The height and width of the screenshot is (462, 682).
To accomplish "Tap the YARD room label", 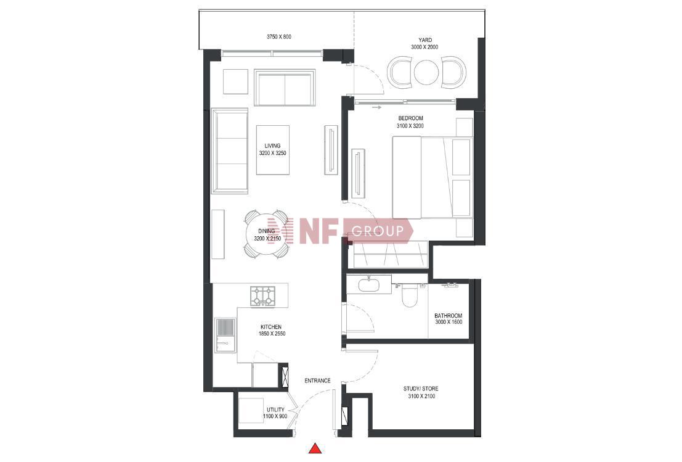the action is (x=425, y=40).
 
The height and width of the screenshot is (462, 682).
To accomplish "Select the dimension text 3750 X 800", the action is (x=279, y=37).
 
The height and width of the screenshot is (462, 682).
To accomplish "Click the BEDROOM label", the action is (x=410, y=118).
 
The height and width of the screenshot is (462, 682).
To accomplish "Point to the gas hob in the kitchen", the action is (x=262, y=295).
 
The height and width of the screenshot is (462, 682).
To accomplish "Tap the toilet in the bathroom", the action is (x=409, y=295).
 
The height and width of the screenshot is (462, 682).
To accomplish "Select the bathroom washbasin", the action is (x=369, y=284).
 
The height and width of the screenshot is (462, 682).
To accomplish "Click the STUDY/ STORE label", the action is (x=421, y=389).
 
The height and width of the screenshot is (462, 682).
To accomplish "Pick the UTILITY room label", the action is (x=275, y=410).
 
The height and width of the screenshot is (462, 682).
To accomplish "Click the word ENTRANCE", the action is (x=317, y=381).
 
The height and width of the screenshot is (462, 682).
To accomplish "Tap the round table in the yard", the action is (x=426, y=72).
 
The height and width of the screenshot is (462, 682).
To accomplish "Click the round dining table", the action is (x=266, y=235).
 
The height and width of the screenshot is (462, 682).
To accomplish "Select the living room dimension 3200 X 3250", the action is (x=273, y=153).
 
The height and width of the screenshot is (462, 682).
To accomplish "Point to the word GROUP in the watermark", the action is (x=378, y=230).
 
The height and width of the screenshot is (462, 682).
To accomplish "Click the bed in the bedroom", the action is (x=432, y=177).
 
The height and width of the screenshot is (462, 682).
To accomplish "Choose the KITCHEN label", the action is (x=271, y=327).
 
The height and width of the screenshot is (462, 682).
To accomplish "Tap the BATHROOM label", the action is (x=449, y=316).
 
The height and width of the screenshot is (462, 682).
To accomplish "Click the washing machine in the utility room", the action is (x=251, y=411).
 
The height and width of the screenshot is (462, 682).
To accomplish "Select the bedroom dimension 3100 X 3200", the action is (x=410, y=126).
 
